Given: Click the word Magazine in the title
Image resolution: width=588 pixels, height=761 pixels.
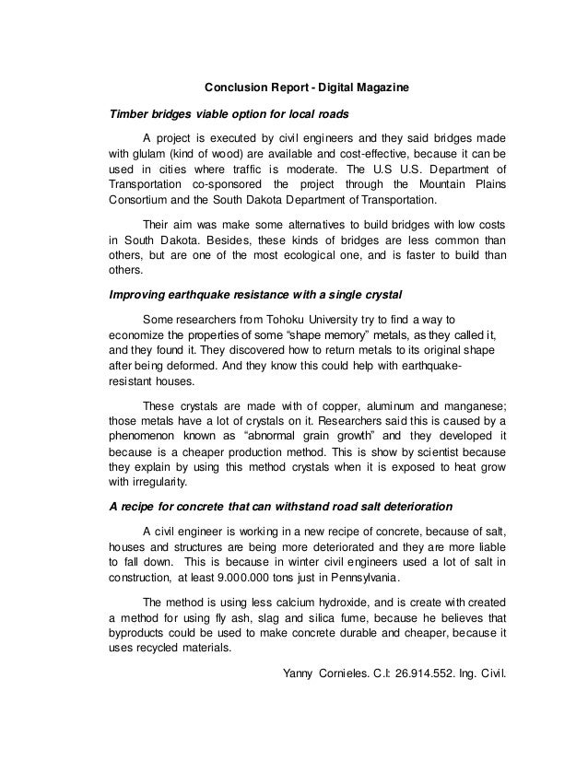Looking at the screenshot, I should coord(382,88).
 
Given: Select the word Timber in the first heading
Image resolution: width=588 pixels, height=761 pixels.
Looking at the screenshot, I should coord(129,115).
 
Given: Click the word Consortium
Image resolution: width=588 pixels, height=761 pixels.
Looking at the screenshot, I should coord(139,200).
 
